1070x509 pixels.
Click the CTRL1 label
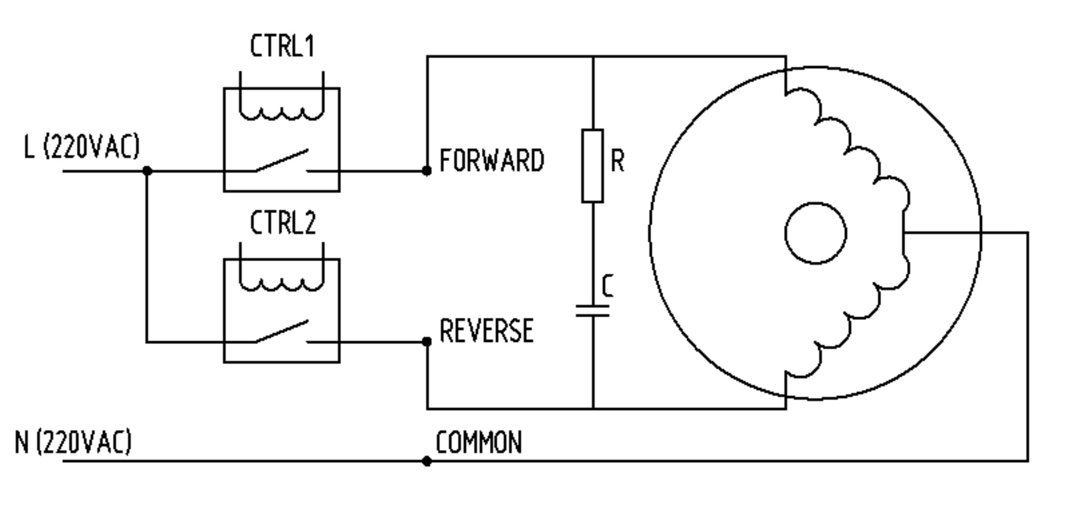[282, 46]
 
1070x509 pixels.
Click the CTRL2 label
[283, 223]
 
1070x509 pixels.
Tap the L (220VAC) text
[81, 147]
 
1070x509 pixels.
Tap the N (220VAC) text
[73, 442]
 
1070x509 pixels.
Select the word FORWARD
[491, 160]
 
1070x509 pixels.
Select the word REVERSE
[486, 331]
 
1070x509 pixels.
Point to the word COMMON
[479, 443]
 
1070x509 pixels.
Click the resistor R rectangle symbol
[592, 166]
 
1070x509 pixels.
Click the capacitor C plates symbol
[592, 311]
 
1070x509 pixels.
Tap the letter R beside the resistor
[617, 160]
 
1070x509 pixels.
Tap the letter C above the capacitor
[607, 286]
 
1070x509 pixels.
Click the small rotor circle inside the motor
[815, 233]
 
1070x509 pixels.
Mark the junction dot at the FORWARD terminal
[426, 171]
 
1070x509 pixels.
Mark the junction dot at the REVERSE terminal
[426, 342]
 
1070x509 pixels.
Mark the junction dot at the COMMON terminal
[426, 461]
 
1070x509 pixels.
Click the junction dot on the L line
[147, 171]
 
